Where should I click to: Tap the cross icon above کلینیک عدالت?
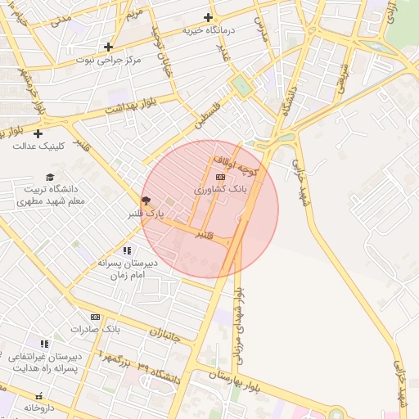(x=38, y=133)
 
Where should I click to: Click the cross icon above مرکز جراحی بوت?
(x=108, y=47)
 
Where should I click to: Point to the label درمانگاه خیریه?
(x=208, y=30)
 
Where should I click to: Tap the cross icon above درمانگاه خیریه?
(x=208, y=17)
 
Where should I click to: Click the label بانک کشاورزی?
(x=220, y=189)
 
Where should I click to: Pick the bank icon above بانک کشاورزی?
(x=220, y=177)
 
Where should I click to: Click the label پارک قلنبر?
(x=146, y=214)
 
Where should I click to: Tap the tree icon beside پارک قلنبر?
(x=146, y=200)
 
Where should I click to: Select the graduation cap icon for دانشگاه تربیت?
(x=50, y=177)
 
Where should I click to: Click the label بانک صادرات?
(x=95, y=329)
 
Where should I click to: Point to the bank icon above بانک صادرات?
(x=95, y=317)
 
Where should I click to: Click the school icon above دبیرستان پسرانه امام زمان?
(x=127, y=250)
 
